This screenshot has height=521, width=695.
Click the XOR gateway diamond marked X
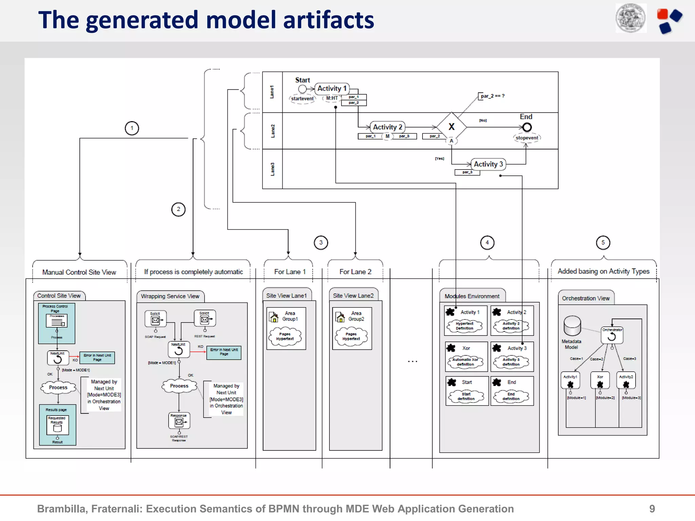tap(451, 127)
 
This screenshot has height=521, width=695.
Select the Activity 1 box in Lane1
tap(332, 89)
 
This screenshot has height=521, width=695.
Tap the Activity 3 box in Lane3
tap(488, 164)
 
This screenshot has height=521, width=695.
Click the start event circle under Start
tap(302, 89)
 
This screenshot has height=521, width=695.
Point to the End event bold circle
tap(527, 127)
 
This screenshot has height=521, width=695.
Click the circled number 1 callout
tap(132, 128)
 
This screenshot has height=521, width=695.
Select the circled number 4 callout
tap(487, 243)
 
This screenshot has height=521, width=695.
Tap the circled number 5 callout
tap(603, 243)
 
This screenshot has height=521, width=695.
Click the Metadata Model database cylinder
tap(572, 326)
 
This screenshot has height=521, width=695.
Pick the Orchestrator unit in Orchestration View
tap(612, 335)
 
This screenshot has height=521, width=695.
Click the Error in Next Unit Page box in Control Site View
tap(97, 358)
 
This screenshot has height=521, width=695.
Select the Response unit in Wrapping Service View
tap(179, 421)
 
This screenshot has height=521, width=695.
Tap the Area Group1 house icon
tap(274, 317)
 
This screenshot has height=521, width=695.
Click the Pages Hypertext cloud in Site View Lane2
tap(351, 336)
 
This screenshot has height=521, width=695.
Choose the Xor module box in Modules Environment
tap(466, 356)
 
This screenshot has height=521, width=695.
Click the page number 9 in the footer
tap(652, 508)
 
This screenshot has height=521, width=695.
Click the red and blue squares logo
tap(669, 20)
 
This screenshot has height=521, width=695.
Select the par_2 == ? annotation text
tap(492, 96)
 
